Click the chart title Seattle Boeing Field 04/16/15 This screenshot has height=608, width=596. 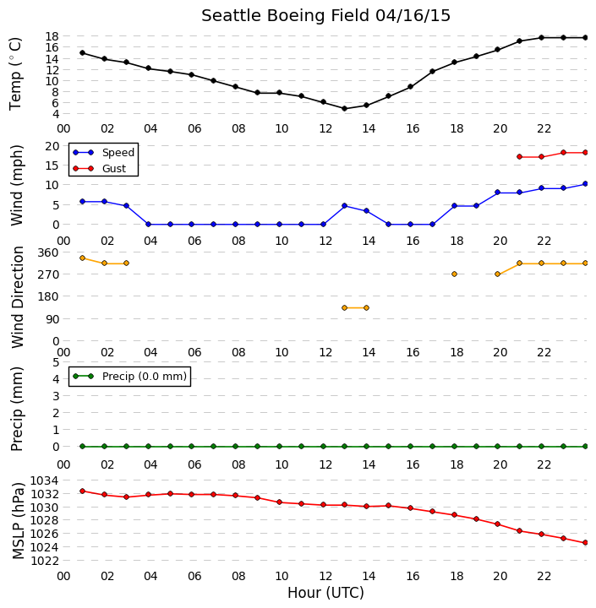[x=325, y=16]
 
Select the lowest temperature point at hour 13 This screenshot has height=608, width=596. [x=344, y=109]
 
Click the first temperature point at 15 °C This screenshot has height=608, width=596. [x=82, y=52]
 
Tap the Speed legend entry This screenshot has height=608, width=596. [x=103, y=152]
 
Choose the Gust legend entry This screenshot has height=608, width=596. [x=100, y=168]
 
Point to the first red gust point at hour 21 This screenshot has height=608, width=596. [x=520, y=157]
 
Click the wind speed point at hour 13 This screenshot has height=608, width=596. [x=344, y=205]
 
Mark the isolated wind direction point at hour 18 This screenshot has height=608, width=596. [x=454, y=274]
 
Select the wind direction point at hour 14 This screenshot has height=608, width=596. [x=366, y=308]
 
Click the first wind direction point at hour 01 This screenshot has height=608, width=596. [x=82, y=258]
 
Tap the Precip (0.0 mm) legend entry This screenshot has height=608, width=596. [x=129, y=376]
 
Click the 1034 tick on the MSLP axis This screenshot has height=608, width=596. [x=45, y=480]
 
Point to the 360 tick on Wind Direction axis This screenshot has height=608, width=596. [x=48, y=252]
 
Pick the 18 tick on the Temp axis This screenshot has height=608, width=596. [x=52, y=36]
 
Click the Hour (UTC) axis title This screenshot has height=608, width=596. [x=325, y=593]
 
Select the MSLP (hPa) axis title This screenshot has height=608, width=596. [x=18, y=521]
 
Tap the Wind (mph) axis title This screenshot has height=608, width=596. [x=17, y=185]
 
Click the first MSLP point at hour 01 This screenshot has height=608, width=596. [x=82, y=491]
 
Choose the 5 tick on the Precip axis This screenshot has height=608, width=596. [x=56, y=362]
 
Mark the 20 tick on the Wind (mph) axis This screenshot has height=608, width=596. [x=52, y=146]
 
